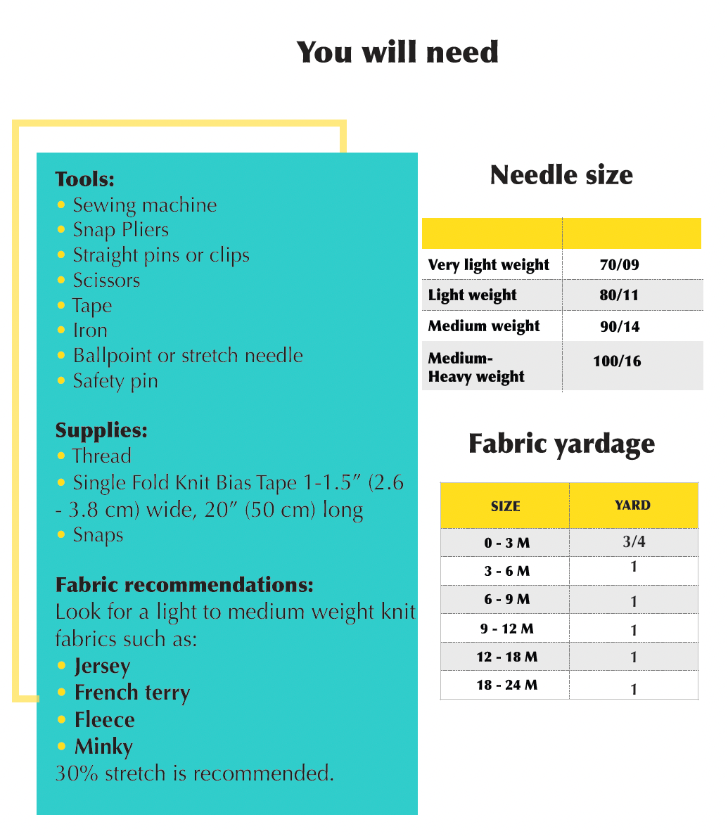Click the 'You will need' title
coord(397,53)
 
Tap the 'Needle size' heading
coord(561,175)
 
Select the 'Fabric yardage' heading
coord(561,444)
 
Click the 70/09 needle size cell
coord(619,265)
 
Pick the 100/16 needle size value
coord(617,361)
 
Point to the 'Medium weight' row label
coord(484,326)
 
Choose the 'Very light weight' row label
coord(488,265)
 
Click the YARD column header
coord(632,505)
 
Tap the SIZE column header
coord(505,506)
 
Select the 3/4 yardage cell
coord(633,541)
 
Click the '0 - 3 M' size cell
coord(506,544)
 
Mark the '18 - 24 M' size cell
coord(506,685)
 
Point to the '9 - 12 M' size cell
coord(506,629)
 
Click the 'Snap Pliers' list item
coord(120,230)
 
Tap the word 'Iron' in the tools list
coord(90,330)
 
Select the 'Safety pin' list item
coord(115,381)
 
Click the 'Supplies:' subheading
coord(101,430)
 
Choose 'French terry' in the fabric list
coord(132,693)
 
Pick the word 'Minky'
coord(103,746)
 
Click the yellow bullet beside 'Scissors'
coord(61,280)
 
